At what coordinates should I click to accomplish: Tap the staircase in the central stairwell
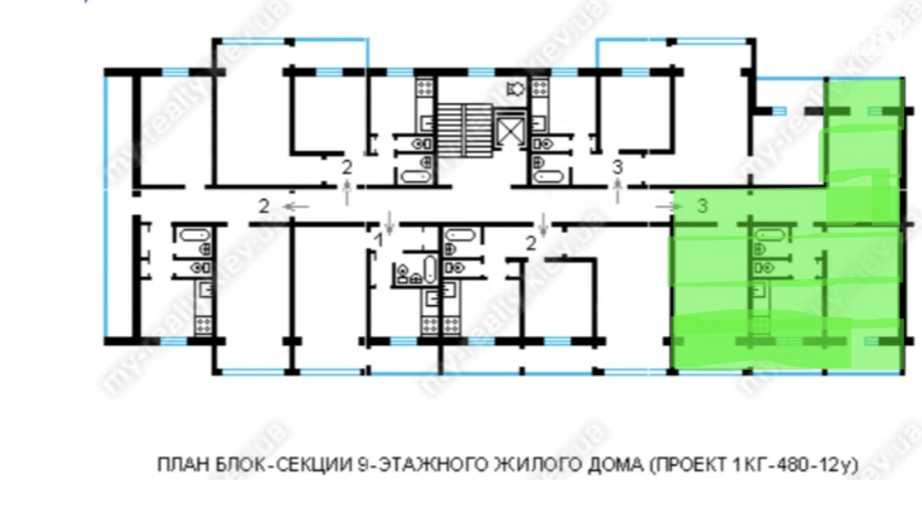pyautogui.click(x=464, y=130)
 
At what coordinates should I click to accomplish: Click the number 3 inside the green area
pyautogui.click(x=702, y=205)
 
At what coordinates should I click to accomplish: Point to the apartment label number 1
pyautogui.click(x=379, y=241)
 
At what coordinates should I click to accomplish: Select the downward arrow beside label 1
pyautogui.click(x=390, y=223)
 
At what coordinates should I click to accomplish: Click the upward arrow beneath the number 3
pyautogui.click(x=617, y=191)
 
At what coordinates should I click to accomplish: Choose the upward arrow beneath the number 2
pyautogui.click(x=347, y=192)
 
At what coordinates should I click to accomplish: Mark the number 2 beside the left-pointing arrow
pyautogui.click(x=264, y=206)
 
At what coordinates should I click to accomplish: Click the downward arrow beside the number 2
pyautogui.click(x=543, y=224)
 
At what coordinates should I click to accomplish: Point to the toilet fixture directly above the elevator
pyautogui.click(x=516, y=89)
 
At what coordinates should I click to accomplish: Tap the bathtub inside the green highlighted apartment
pyautogui.click(x=770, y=234)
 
